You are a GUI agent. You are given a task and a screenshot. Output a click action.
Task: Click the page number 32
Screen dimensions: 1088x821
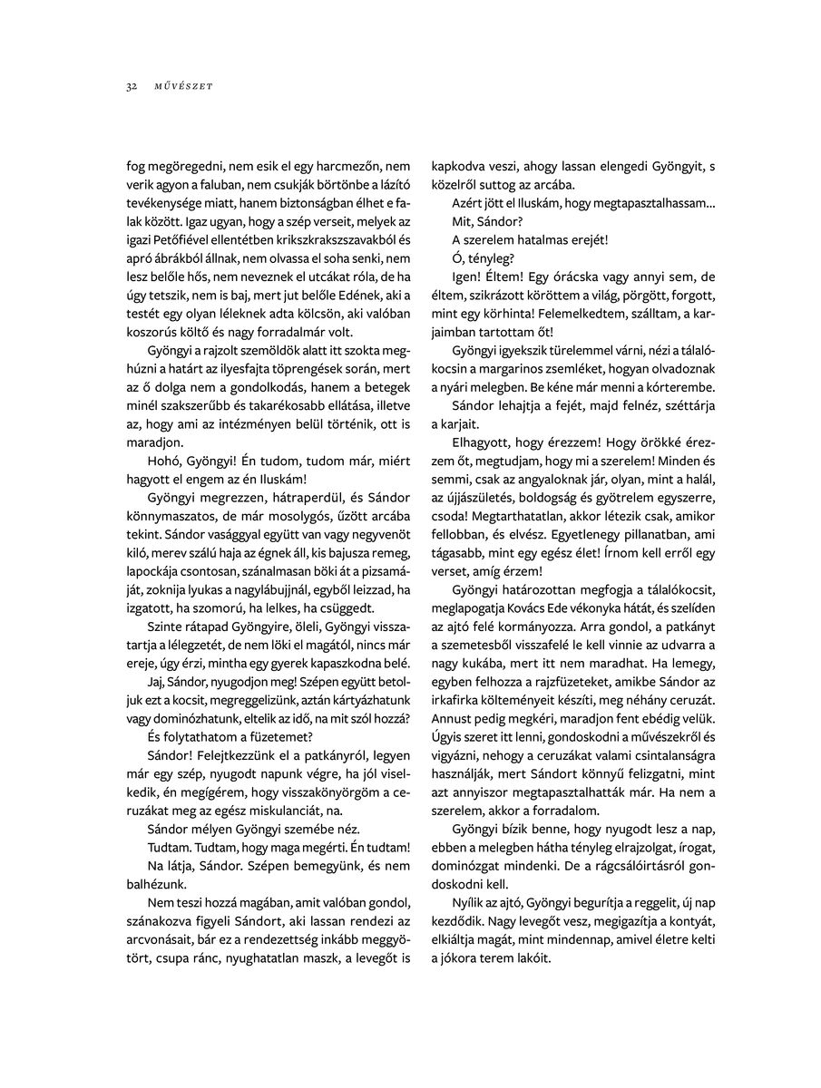(132, 87)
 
